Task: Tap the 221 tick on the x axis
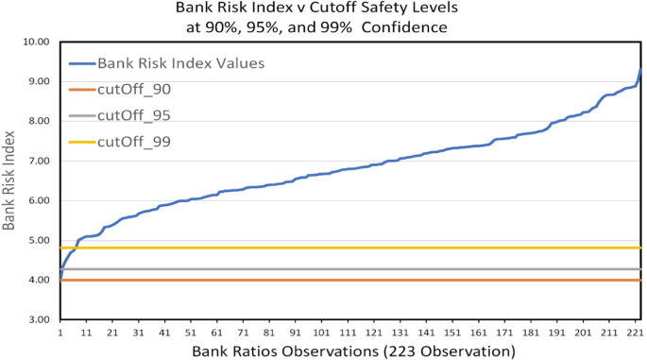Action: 634,334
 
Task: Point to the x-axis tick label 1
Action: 60,334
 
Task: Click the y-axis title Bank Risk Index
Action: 11,180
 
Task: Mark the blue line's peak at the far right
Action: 640,69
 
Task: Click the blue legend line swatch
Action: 80,63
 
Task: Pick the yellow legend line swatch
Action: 80,143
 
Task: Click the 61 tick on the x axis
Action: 217,334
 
